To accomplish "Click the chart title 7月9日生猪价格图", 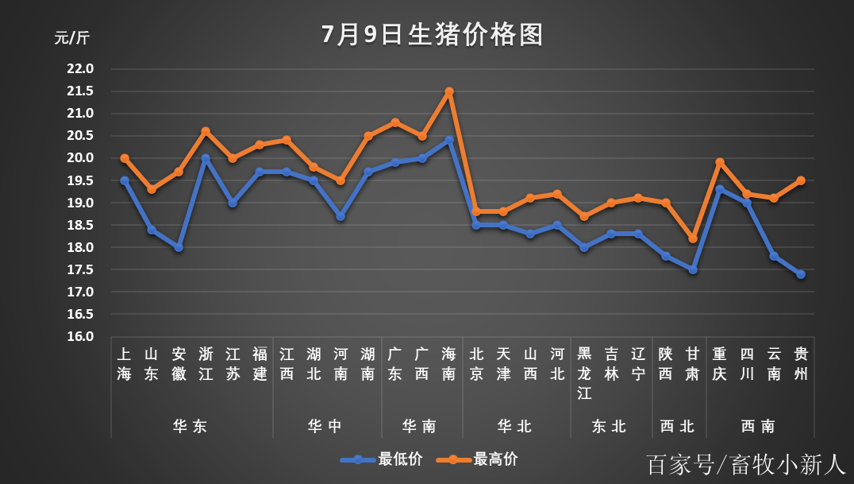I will [433, 35].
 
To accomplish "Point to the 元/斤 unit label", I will [72, 38].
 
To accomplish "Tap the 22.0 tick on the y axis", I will [80, 68].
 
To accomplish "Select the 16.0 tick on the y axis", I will [80, 337].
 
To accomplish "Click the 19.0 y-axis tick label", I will [80, 203].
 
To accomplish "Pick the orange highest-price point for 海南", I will [449, 91].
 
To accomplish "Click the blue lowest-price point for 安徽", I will [179, 247].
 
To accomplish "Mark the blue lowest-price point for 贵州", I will [801, 274].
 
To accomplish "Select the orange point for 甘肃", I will [693, 238].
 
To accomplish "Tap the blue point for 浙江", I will [206, 158].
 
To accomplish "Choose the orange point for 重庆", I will [720, 162].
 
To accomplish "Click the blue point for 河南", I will [340, 216].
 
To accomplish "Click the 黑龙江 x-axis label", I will [584, 373].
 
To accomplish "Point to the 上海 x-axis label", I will [125, 363].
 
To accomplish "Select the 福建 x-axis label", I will [260, 363].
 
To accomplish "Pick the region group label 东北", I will [609, 426].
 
